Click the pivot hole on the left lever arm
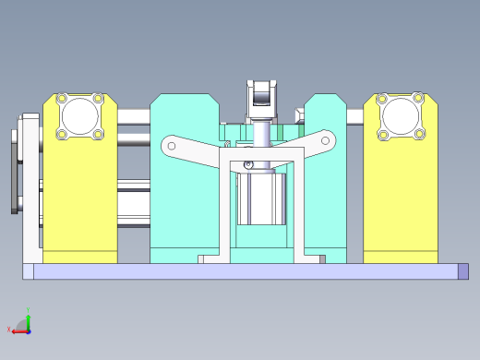(x=171, y=145)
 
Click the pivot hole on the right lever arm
(x=325, y=141)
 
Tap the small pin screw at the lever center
(x=246, y=165)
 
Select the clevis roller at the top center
(x=262, y=94)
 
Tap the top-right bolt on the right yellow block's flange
(x=417, y=98)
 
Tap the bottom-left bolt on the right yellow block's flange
(x=383, y=135)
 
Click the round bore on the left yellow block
(x=79, y=117)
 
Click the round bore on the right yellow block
(x=401, y=116)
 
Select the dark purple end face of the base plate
(x=463, y=270)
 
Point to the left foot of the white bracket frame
(x=213, y=259)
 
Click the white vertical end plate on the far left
(x=31, y=185)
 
